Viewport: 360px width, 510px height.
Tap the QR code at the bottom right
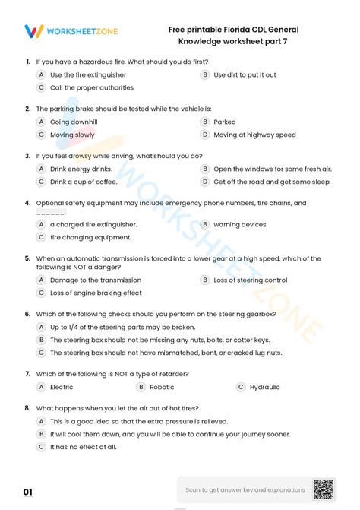tap(323, 489)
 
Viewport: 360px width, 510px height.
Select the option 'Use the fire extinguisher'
tap(88, 75)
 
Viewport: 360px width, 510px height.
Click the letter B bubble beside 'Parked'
tap(204, 122)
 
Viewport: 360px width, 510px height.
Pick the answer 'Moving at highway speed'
tap(254, 135)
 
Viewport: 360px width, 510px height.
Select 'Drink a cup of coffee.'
tap(84, 182)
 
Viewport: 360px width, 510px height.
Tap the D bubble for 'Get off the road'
tap(204, 182)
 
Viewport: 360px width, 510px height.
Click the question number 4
tap(27, 203)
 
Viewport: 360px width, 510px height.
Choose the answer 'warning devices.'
tap(240, 224)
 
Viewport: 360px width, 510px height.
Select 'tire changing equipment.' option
tap(90, 237)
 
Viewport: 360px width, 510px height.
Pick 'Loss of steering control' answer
tap(250, 280)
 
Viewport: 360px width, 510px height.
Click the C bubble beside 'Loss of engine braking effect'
tap(41, 293)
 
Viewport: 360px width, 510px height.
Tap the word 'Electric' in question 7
tap(62, 387)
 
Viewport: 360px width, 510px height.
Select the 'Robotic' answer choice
tap(163, 387)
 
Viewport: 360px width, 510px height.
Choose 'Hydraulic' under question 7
tap(264, 387)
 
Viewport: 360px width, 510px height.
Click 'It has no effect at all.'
tap(84, 447)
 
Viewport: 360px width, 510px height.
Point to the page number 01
tap(28, 493)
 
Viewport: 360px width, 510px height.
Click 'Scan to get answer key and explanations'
tap(245, 490)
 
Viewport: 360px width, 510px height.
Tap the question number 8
tap(27, 408)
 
